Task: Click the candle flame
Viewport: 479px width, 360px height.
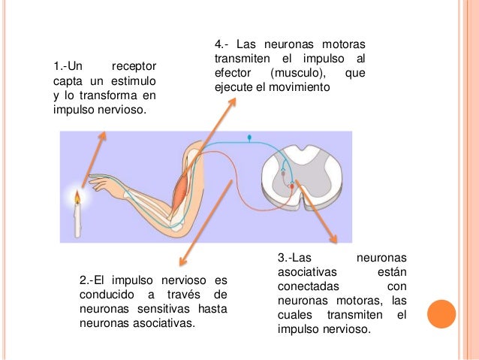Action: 76,197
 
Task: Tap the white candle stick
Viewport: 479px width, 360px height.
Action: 77,221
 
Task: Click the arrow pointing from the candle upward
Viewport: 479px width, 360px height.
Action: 94,158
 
